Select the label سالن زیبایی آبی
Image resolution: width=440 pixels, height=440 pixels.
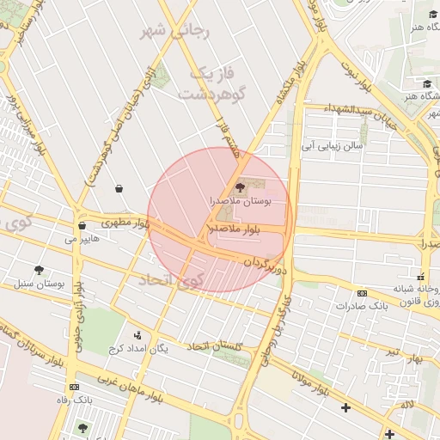tap(332, 146)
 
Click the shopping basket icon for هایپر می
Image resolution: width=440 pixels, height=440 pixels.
tap(82, 226)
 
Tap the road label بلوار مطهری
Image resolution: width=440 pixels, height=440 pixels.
tap(125, 223)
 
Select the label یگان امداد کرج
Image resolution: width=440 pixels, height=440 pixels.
tap(137, 348)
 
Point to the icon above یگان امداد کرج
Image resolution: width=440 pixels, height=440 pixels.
tap(137, 335)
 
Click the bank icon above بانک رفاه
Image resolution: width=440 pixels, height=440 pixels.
tap(73, 387)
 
